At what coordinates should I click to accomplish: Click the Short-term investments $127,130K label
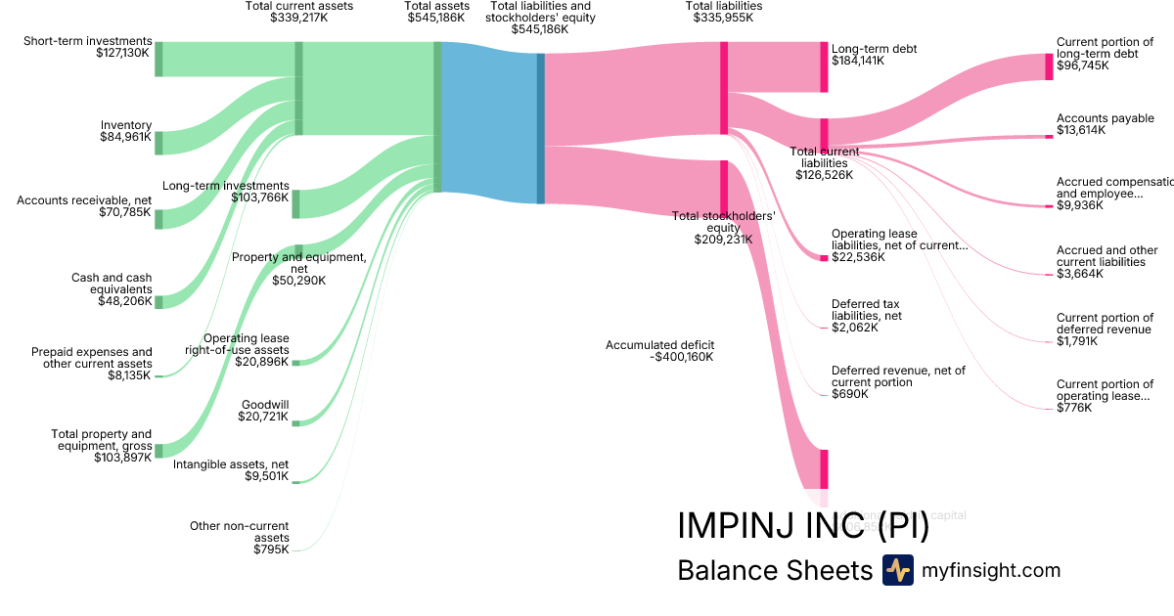(88, 47)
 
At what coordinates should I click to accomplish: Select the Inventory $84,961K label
(125, 131)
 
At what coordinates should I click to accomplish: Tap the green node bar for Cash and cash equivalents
(158, 301)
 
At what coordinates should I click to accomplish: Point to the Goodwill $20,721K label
(263, 411)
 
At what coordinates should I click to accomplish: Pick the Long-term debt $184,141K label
(874, 54)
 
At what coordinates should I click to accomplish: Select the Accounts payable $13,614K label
(1091, 124)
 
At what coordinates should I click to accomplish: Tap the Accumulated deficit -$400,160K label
(659, 351)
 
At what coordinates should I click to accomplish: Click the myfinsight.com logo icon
(897, 570)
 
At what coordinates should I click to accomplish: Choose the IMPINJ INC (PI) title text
(802, 525)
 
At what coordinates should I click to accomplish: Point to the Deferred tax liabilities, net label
(867, 316)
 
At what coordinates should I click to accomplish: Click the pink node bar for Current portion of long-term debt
(1049, 66)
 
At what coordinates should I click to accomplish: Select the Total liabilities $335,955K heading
(724, 12)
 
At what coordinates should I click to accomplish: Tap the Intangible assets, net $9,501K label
(231, 470)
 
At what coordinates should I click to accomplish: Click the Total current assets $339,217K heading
(298, 12)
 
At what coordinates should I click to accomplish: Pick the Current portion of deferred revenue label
(1105, 330)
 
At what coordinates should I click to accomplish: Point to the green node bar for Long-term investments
(295, 203)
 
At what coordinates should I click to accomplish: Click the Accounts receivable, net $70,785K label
(84, 206)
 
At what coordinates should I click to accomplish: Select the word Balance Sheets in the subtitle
(774, 571)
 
